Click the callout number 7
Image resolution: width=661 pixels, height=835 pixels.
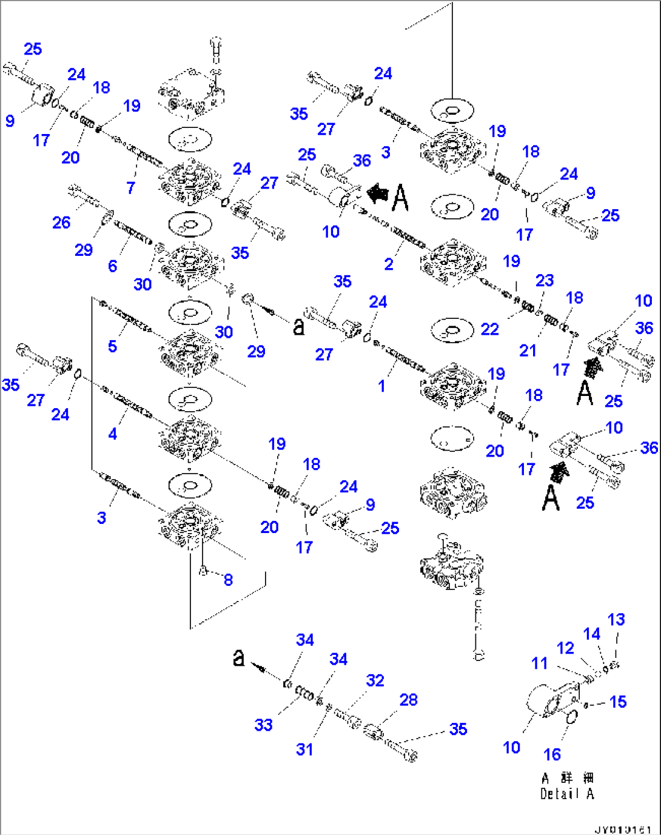click(131, 188)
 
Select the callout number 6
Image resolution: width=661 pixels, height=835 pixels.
click(113, 266)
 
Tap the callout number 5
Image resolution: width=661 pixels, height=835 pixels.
click(112, 346)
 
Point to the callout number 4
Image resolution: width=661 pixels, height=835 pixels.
click(112, 434)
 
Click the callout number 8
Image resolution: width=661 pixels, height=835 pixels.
click(228, 580)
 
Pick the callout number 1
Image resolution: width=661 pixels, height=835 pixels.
click(381, 386)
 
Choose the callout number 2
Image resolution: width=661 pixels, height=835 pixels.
click(389, 264)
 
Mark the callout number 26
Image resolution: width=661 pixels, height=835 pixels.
click(61, 223)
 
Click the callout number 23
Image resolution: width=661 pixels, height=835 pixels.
click(545, 280)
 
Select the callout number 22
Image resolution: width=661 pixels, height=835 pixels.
click(489, 329)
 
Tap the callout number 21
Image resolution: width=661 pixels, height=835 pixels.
click(528, 350)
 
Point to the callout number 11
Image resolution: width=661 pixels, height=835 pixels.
click(540, 663)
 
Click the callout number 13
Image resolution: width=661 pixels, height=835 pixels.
click(616, 620)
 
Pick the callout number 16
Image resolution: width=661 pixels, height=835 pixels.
click(552, 754)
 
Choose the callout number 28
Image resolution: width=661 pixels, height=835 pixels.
click(409, 700)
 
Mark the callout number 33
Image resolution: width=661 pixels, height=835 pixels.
click(263, 725)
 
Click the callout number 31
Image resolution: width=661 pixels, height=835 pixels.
click(304, 749)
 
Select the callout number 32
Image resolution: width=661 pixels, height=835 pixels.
click(375, 680)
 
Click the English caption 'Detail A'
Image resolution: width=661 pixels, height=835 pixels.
click(567, 794)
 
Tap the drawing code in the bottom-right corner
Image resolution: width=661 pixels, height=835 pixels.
click(623, 828)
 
